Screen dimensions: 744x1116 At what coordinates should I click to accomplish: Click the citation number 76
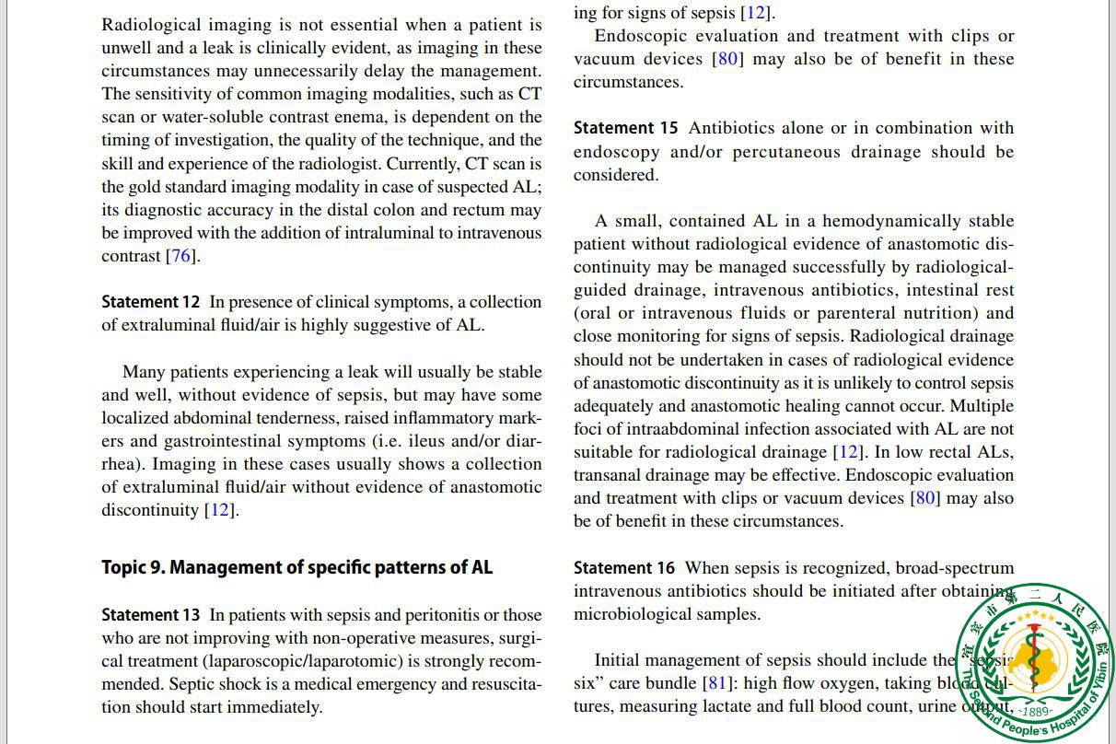click(x=181, y=256)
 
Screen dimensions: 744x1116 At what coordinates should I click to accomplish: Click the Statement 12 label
click(x=151, y=302)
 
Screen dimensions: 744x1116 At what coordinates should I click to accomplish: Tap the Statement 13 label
click(x=151, y=615)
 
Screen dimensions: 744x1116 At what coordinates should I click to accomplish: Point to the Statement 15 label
click(x=626, y=128)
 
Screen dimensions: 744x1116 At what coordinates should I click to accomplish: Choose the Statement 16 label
click(x=624, y=568)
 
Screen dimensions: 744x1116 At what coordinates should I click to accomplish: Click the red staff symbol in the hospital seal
click(x=1036, y=658)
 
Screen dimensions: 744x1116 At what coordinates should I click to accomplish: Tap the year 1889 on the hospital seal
click(x=1037, y=711)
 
